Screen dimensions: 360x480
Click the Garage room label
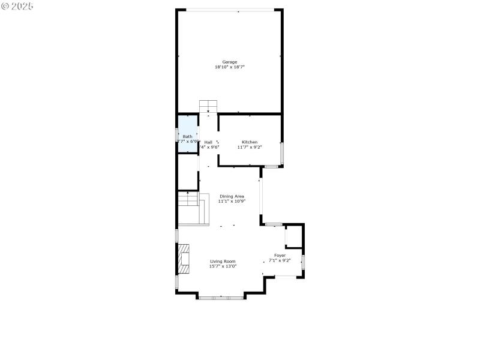point(230,62)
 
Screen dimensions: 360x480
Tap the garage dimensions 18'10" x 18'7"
point(230,67)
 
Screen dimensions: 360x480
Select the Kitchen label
point(250,142)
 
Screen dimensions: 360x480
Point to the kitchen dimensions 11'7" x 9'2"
point(250,147)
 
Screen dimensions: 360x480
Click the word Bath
point(188,137)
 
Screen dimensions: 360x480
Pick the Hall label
point(208,142)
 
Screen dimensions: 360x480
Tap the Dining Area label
point(232,196)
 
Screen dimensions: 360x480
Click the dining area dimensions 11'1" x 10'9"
point(232,202)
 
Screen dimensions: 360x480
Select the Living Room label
point(223,261)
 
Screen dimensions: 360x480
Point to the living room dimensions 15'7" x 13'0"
point(223,266)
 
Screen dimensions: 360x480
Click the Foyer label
point(280,256)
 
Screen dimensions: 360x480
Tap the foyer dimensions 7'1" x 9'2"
point(280,260)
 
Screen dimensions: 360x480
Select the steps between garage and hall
point(208,106)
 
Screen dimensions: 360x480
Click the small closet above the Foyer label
point(293,236)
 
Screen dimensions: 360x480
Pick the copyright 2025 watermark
point(17,6)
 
